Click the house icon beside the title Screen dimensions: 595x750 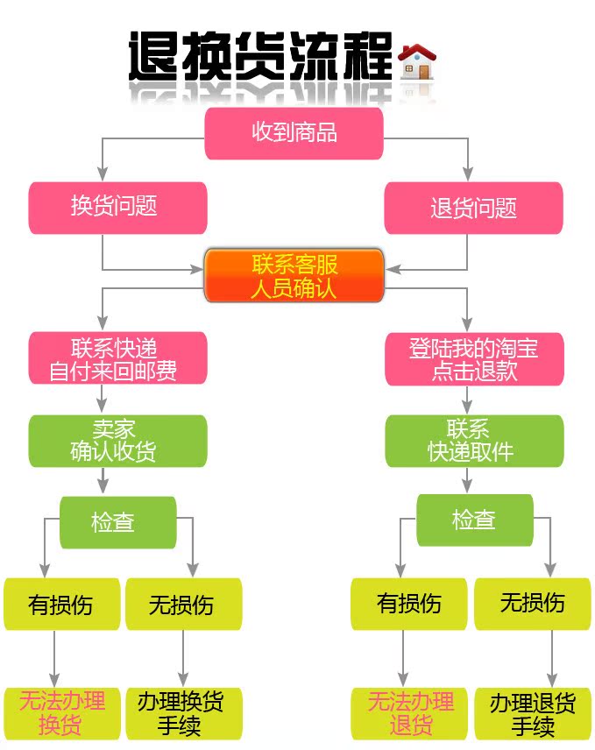418,61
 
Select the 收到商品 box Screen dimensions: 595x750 294,133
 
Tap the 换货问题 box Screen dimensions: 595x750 117,208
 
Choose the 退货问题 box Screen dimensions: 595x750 473,208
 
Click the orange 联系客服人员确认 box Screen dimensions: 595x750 294,275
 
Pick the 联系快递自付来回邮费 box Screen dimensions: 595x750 117,357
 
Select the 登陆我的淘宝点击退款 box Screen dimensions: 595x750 474,358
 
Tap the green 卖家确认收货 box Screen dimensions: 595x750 117,441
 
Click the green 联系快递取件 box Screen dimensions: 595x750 474,441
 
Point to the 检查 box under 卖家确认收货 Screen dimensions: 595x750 117,522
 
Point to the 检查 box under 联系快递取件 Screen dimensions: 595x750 474,520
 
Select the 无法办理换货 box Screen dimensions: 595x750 61,713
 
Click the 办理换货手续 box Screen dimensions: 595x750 184,713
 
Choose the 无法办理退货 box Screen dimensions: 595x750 409,713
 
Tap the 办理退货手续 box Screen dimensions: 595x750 532,713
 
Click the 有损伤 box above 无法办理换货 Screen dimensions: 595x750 61,604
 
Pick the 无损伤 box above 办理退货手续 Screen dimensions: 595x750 532,604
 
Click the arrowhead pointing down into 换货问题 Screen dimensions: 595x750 103,173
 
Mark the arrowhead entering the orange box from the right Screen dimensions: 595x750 393,270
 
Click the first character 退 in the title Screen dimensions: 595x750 154,56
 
